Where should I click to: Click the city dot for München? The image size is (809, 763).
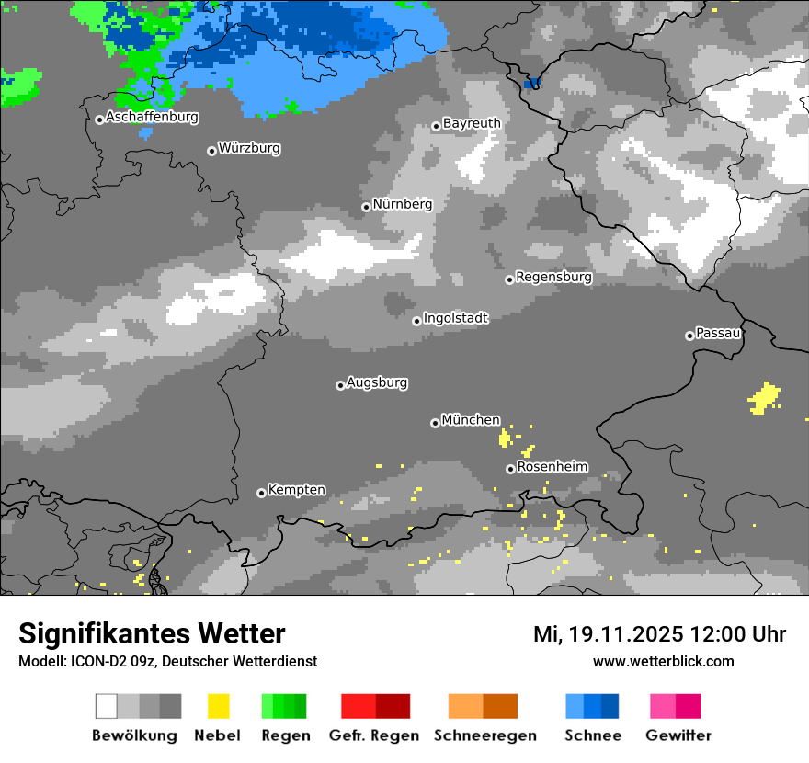click(435, 423)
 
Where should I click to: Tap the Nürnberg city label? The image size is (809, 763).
click(403, 204)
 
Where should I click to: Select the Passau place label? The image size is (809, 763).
click(719, 333)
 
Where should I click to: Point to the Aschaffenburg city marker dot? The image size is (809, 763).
click(99, 120)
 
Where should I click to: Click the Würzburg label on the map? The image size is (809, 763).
click(249, 148)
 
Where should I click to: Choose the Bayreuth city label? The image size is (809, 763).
click(472, 123)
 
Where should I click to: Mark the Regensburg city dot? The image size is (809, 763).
click(509, 279)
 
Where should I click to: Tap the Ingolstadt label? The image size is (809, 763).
click(455, 318)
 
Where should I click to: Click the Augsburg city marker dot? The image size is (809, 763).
click(340, 385)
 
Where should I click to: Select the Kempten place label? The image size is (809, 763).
click(296, 490)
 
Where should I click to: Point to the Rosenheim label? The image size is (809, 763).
click(553, 467)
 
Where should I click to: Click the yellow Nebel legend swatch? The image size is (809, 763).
click(218, 706)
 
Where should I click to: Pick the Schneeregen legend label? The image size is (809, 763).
click(485, 735)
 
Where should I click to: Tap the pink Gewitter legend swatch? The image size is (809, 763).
click(663, 706)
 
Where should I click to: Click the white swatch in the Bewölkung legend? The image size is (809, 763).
click(107, 706)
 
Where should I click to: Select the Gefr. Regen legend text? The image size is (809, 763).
click(374, 735)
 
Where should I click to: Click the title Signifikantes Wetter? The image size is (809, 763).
click(152, 633)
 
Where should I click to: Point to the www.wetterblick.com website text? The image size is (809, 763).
click(663, 661)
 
